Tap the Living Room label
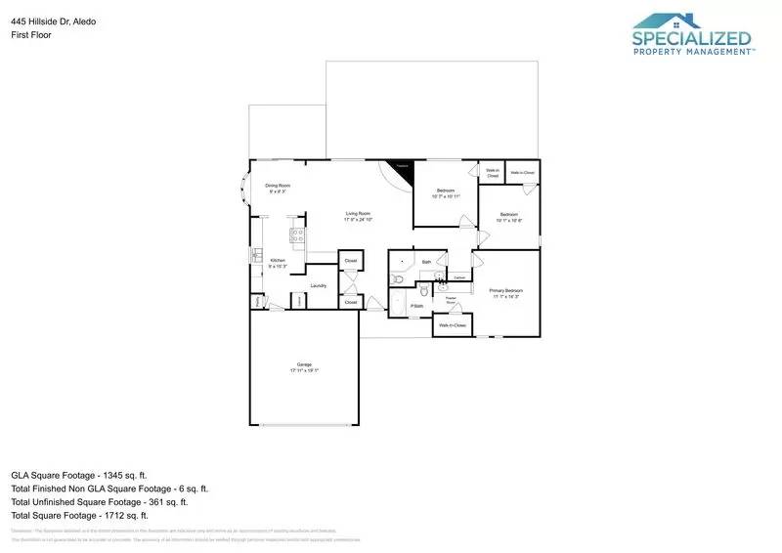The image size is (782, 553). coord(358,214)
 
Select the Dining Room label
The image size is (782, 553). coord(278,186)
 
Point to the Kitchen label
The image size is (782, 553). coord(278,260)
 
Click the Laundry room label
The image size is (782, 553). coord(318,285)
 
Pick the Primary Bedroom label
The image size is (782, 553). coord(506,291)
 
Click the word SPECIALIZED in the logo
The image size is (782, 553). coord(692,40)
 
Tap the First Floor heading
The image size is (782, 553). coord(31,34)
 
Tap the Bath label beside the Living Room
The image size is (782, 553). coord(426,262)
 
